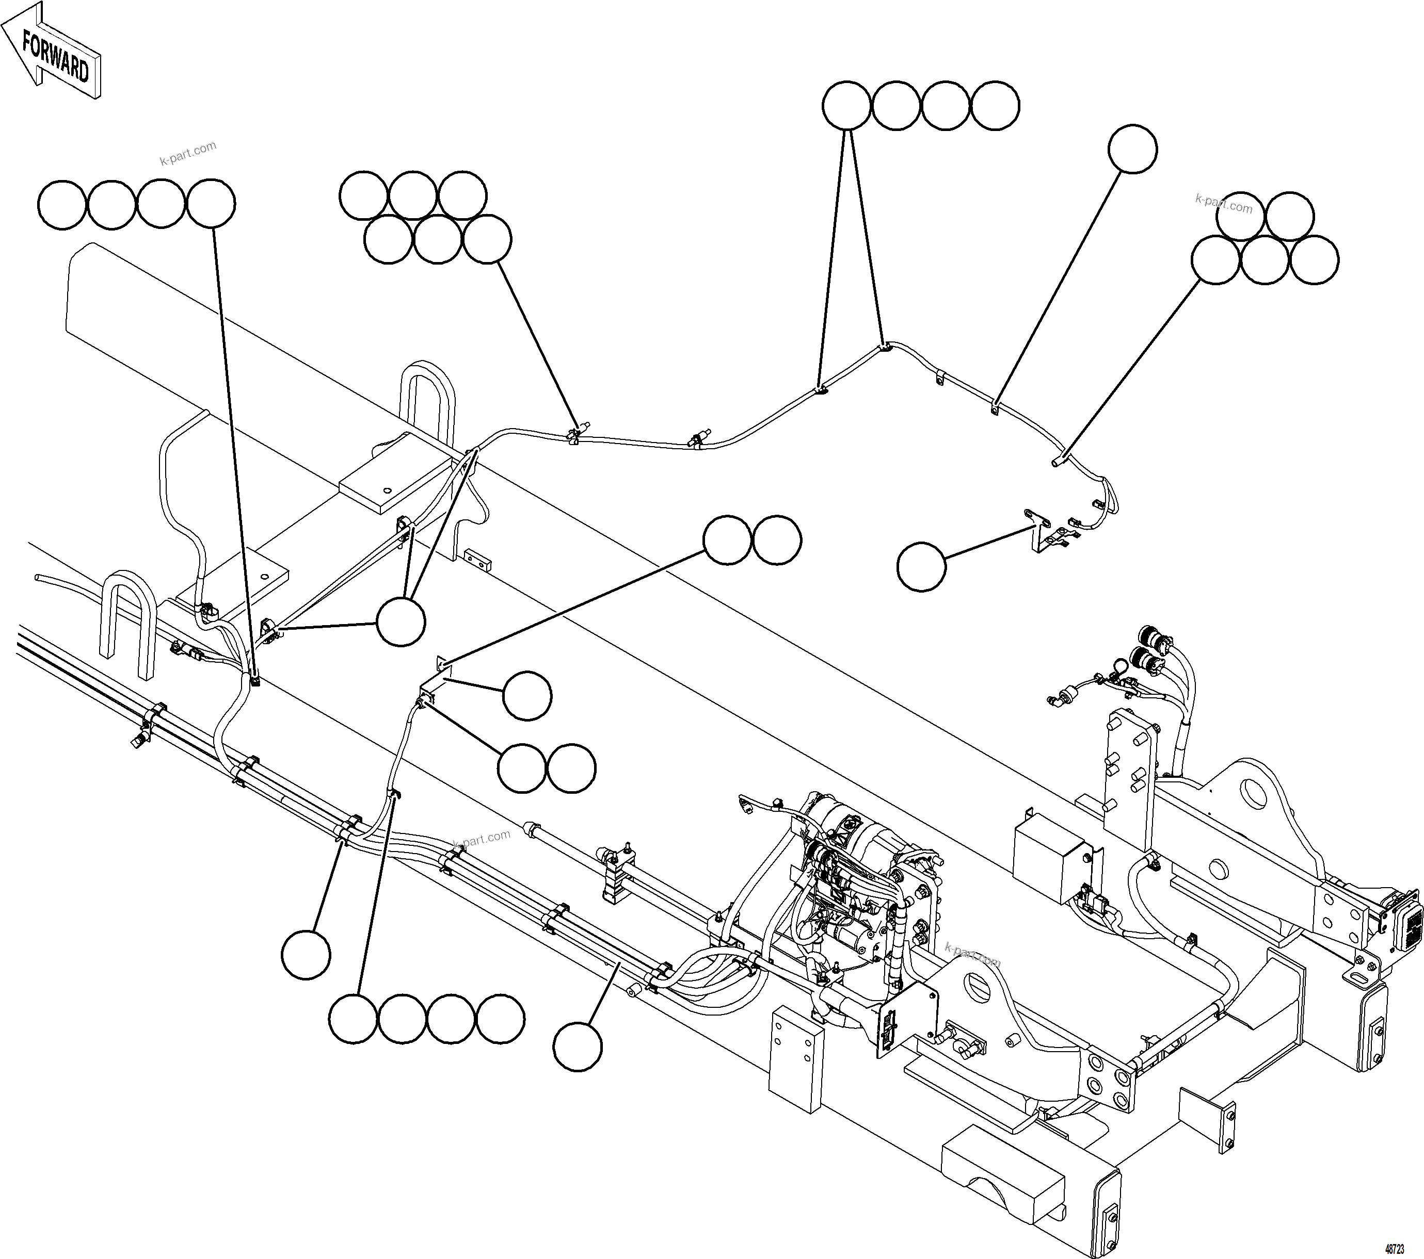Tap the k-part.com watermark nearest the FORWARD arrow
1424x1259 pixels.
[188, 153]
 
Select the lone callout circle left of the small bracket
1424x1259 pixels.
[921, 567]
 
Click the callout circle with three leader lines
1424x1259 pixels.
[401, 622]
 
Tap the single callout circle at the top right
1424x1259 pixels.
[1132, 149]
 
